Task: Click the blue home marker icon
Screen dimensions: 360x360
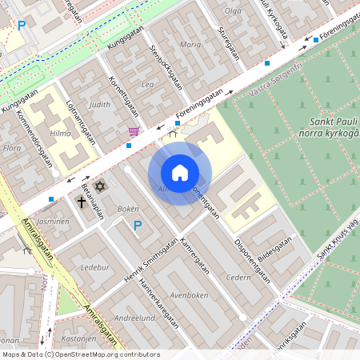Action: [180, 173]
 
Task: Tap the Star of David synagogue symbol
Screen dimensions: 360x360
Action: [100, 186]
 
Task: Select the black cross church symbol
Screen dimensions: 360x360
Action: [82, 202]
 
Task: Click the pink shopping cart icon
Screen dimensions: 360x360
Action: [134, 131]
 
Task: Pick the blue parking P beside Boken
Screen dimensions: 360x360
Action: [138, 226]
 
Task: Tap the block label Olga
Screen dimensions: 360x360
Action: [233, 10]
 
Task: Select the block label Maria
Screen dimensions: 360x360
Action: [190, 45]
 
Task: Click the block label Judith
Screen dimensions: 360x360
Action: [100, 104]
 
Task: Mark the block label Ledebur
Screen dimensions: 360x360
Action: [94, 267]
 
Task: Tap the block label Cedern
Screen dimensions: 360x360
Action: [238, 278]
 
